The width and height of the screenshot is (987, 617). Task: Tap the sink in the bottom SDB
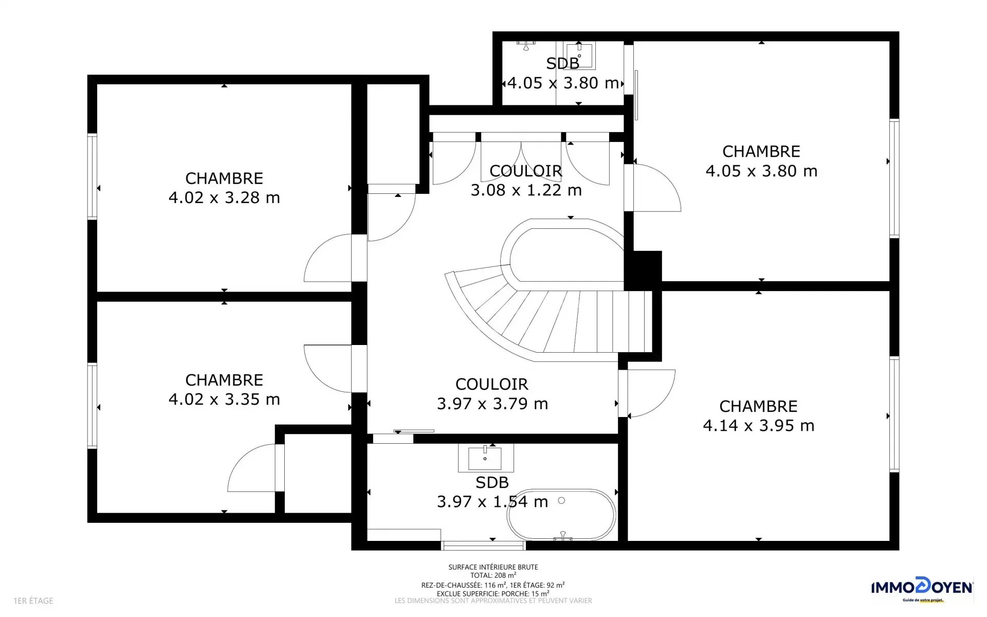pos(485,458)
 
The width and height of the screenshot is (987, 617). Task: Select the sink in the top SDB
pos(579,56)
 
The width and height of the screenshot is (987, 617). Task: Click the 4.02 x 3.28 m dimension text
pos(224,197)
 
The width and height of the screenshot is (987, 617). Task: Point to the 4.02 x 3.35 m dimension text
pos(224,399)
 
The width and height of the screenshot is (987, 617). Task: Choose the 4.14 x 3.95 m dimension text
pos(759,425)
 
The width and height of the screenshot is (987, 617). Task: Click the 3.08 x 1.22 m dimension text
pos(526,190)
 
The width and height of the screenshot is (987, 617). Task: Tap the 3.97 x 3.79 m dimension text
pos(492,404)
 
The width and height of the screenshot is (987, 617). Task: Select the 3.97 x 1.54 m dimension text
pos(492,501)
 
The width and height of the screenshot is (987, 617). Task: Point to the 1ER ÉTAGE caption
pos(33,601)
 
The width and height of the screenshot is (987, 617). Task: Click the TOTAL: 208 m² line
pos(493,575)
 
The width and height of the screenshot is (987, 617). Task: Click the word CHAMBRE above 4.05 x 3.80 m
pos(761,151)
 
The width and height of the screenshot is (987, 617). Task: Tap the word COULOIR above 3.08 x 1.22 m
pos(526,171)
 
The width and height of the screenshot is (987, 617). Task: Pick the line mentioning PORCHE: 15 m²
pos(493,593)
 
